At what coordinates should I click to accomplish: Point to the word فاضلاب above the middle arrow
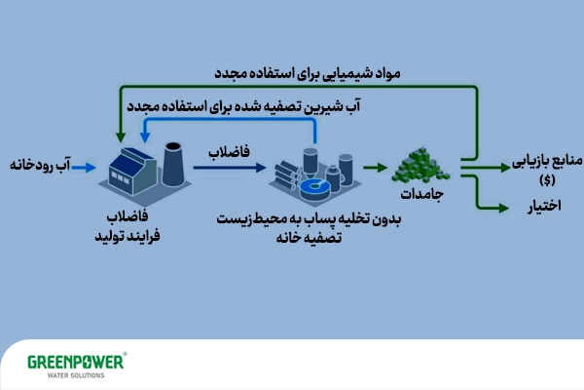click(229, 152)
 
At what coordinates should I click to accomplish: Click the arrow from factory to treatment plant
click(229, 168)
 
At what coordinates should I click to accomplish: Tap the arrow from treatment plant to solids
click(373, 168)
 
